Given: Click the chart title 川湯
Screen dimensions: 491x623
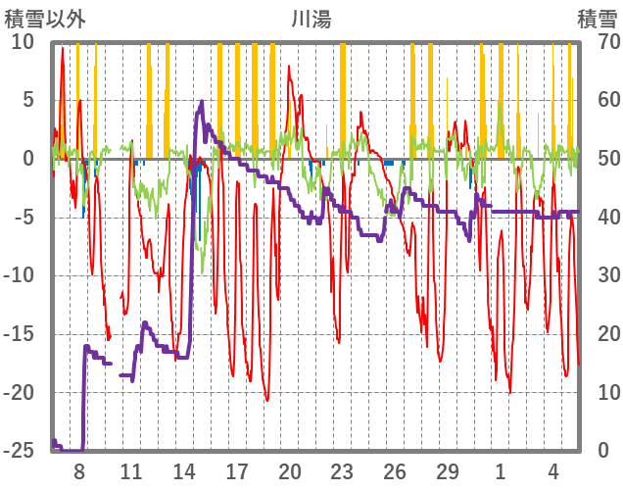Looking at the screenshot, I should pos(311,18).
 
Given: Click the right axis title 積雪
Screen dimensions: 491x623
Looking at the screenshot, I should pos(597,18).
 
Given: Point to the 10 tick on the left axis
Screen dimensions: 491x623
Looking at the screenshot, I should pos(23,41).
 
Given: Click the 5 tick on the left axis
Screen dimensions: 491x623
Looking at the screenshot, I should pos(27,100).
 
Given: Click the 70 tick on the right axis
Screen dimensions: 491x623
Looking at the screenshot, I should pos(597,41).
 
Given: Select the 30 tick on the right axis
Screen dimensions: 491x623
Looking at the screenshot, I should pos(597,275).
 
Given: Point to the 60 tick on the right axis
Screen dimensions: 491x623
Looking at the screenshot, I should pos(597,100).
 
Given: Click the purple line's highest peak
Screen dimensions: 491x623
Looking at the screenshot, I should pos(202,101).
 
